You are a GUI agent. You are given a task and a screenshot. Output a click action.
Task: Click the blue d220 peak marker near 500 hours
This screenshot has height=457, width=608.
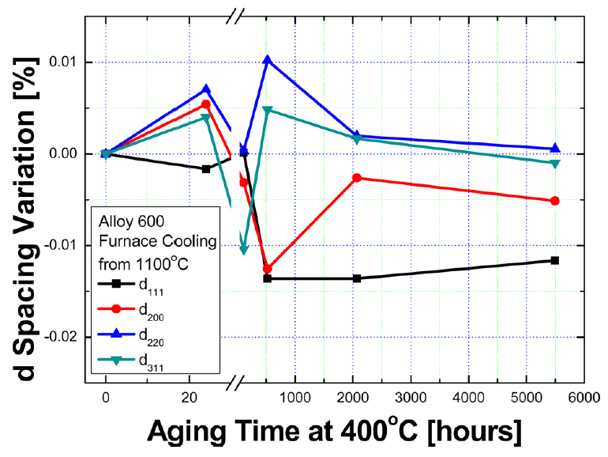pos(268,60)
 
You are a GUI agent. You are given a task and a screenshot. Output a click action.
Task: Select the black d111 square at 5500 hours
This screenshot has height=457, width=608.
pos(554,260)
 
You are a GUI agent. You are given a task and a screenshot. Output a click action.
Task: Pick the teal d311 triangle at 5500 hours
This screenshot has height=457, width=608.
pos(554,163)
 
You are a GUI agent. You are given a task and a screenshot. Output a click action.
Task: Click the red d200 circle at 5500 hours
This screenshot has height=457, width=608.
pos(554,201)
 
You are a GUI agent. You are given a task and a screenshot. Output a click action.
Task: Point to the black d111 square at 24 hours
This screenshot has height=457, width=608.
pos(206,168)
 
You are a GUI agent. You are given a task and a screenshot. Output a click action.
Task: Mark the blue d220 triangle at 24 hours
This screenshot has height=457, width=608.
pos(206,89)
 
